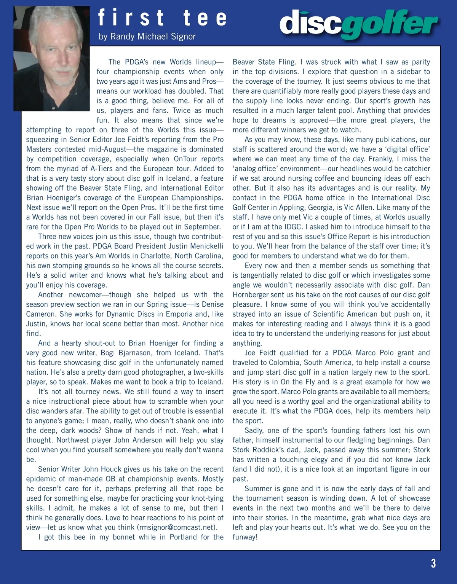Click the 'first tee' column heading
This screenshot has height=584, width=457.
pyautogui.click(x=162, y=18)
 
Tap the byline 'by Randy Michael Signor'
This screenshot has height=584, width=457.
pyautogui.click(x=147, y=37)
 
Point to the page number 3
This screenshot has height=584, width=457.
pyautogui.click(x=433, y=563)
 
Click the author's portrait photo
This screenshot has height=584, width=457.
pyautogui.click(x=51, y=59)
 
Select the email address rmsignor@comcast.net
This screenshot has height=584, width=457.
pyautogui.click(x=177, y=527)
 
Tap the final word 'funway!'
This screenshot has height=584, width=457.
pyautogui.click(x=245, y=537)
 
